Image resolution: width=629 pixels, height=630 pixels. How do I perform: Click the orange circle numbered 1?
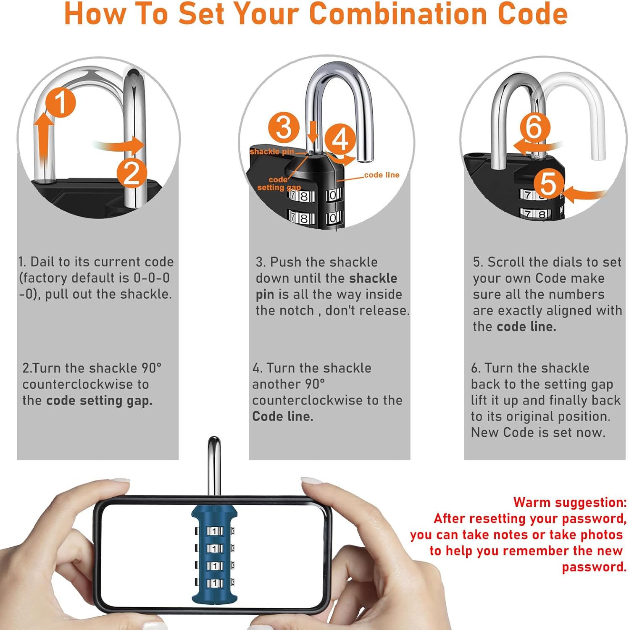61,102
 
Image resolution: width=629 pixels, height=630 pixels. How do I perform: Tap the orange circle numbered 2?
132,173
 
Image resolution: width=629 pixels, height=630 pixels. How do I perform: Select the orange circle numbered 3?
284,127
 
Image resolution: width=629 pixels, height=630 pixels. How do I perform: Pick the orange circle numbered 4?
340,139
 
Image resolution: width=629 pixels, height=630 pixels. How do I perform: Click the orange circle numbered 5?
548,184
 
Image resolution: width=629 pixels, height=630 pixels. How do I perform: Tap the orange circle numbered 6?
534,126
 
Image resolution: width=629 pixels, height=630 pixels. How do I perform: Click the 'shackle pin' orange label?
271,152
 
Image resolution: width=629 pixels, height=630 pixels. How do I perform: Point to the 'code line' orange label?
382,175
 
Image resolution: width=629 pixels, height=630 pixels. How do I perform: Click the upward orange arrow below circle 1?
44,139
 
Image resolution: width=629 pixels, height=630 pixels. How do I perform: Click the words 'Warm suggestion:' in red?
570,502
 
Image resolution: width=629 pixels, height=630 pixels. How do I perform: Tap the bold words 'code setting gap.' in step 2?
99,401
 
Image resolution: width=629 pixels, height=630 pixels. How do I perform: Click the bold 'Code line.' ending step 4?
283,417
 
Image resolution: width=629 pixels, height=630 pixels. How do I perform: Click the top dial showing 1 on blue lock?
215,531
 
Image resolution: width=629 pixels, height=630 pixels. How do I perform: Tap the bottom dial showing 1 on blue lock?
215,583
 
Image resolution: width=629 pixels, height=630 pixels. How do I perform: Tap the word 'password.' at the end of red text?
594,567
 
